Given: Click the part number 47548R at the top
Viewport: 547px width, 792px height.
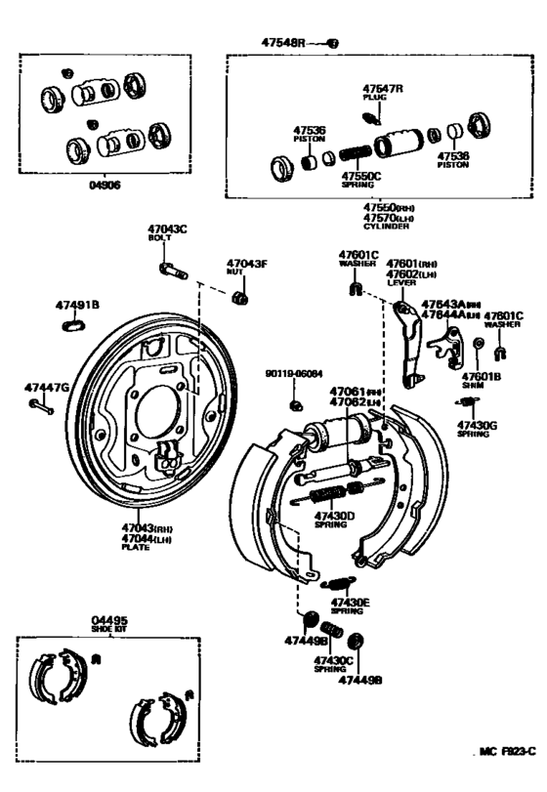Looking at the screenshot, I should click(x=283, y=43).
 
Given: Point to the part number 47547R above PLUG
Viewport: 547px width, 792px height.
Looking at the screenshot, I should click(x=383, y=88).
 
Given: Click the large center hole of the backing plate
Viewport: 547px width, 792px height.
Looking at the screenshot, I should click(x=158, y=401).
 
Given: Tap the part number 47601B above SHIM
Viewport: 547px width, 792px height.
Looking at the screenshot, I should click(x=482, y=376).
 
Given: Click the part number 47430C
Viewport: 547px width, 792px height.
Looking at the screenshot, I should click(x=333, y=661).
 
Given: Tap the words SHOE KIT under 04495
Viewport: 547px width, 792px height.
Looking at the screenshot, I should click(x=109, y=629).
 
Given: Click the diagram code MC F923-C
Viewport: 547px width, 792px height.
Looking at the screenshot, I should click(x=507, y=752).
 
